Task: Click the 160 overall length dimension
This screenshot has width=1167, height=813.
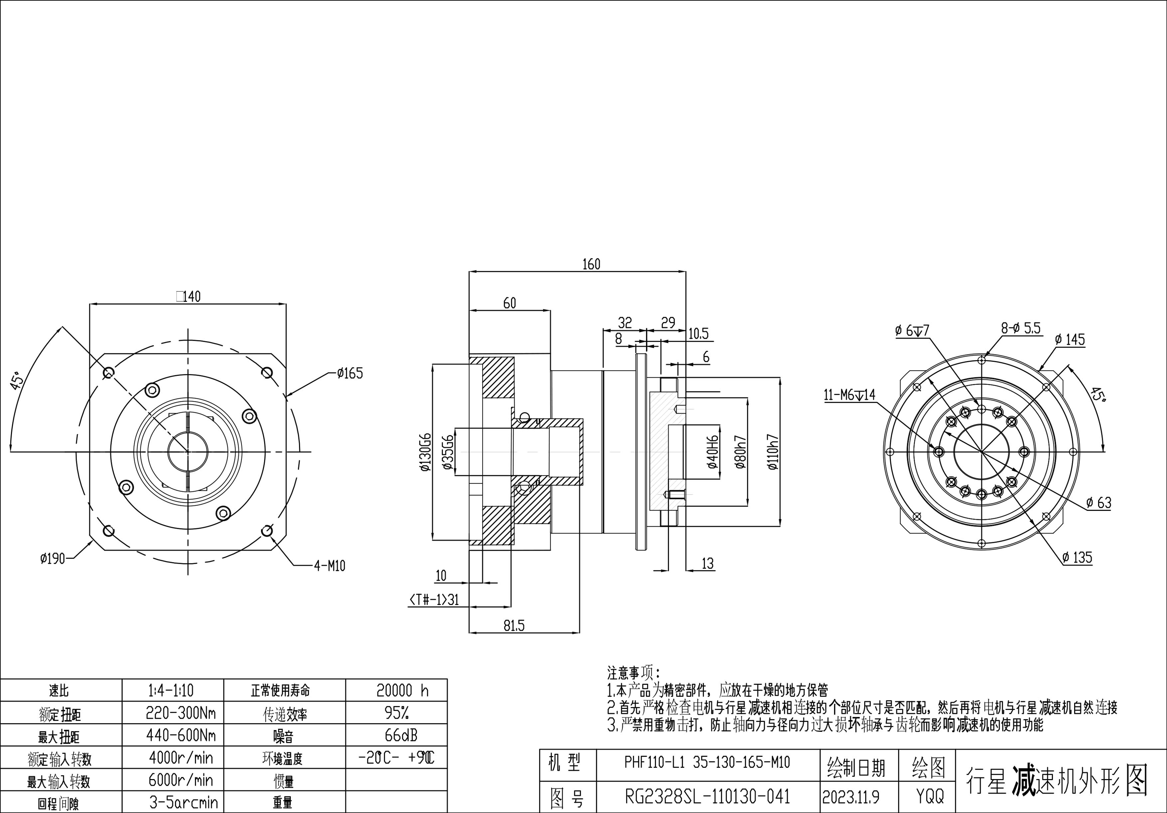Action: coord(591,264)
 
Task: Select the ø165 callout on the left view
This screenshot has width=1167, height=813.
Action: coord(350,374)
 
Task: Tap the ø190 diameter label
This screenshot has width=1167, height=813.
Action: coord(53,559)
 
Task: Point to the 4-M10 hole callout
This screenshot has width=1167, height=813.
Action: coord(329,566)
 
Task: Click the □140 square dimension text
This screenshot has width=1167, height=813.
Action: coord(188,297)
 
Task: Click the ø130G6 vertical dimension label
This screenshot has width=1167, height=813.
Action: coord(425,453)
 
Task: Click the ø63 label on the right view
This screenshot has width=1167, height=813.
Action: coord(1099,503)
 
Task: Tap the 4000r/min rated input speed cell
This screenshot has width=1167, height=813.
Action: coord(181,758)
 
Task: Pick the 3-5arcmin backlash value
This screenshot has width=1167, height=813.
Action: coord(184,803)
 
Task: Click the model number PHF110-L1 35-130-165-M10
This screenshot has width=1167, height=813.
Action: coord(707,762)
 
